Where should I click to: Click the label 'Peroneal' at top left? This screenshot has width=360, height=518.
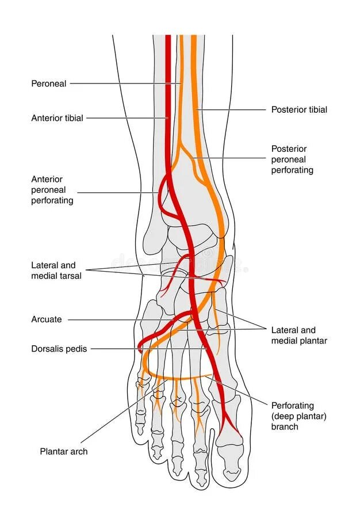pyautogui.click(x=49, y=83)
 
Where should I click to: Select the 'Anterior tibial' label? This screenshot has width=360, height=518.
pyautogui.click(x=57, y=118)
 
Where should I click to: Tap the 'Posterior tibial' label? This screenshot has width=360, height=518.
pyautogui.click(x=299, y=109)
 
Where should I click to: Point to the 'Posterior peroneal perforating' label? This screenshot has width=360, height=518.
pyautogui.click(x=292, y=159)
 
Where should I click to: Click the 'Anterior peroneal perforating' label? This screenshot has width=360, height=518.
pyautogui.click(x=52, y=190)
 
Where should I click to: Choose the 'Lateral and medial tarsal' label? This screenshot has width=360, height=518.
pyautogui.click(x=56, y=271)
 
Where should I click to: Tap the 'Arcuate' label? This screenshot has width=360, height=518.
pyautogui.click(x=47, y=319)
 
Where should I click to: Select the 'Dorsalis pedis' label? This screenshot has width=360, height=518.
pyautogui.click(x=59, y=349)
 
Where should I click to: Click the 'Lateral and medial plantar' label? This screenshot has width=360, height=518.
pyautogui.click(x=299, y=336)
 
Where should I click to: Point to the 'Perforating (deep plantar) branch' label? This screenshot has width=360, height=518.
pyautogui.click(x=298, y=416)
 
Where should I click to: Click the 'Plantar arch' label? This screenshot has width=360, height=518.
pyautogui.click(x=64, y=452)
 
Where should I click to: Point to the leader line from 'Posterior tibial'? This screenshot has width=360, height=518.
pyautogui.click(x=230, y=109)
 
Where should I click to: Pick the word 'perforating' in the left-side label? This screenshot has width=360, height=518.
pyautogui.click(x=52, y=201)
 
